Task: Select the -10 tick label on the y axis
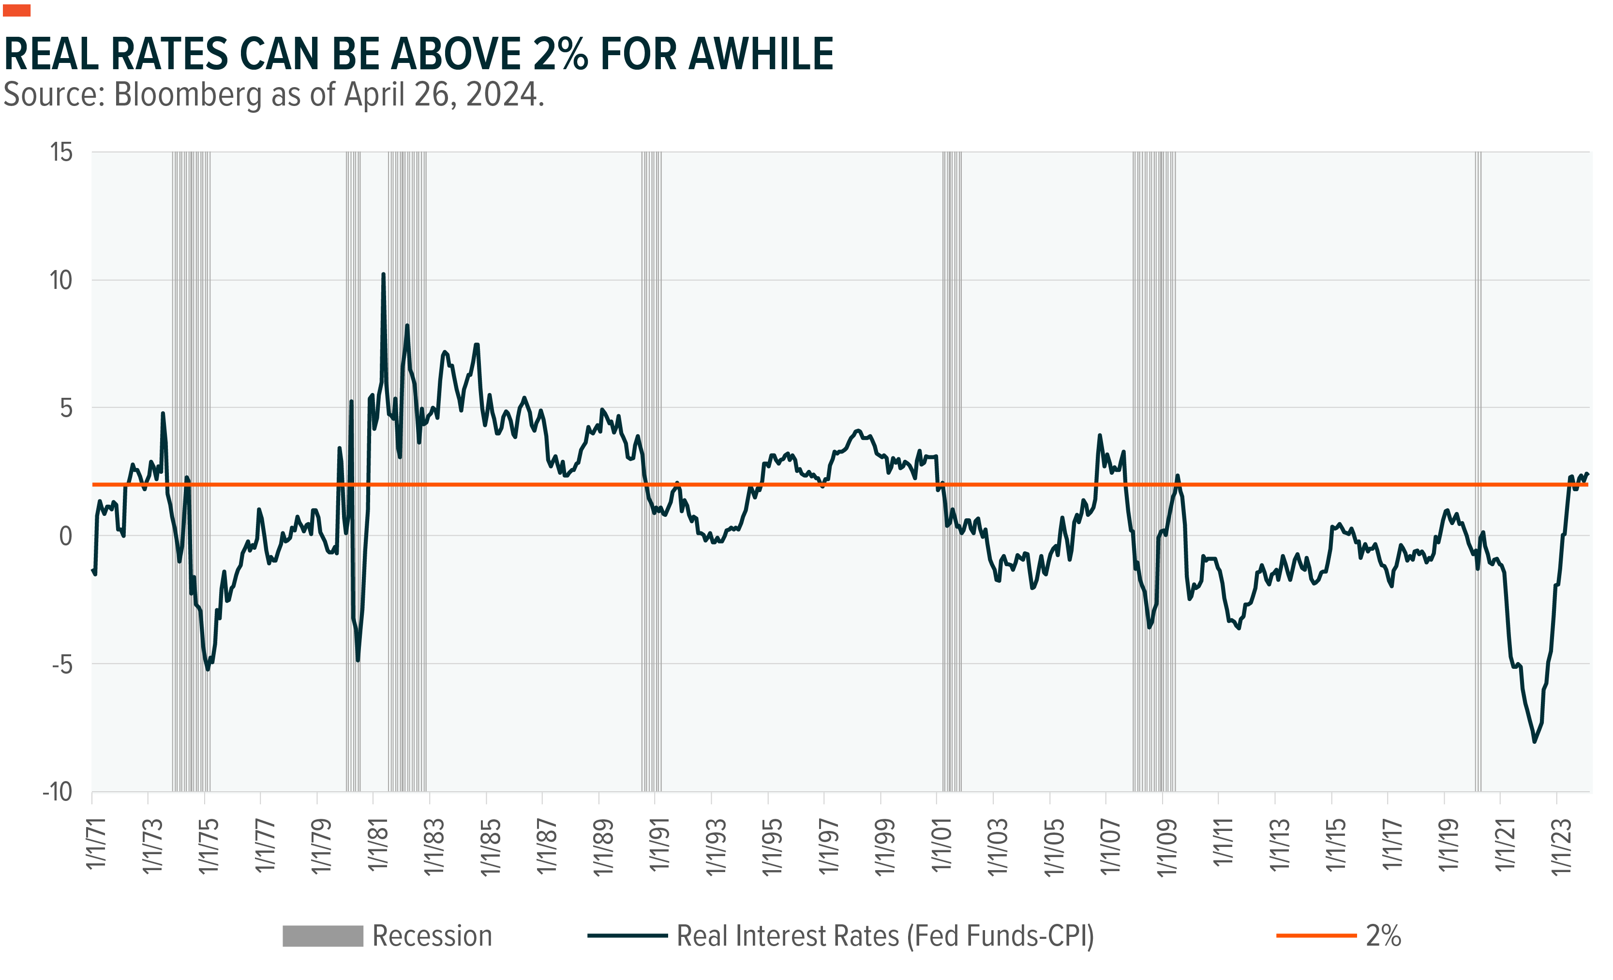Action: tap(58, 792)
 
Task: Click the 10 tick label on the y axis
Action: tap(61, 280)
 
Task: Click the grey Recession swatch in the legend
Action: tap(322, 935)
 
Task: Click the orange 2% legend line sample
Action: tap(1316, 935)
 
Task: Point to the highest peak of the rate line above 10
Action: tap(383, 275)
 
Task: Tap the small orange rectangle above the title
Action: tap(16, 10)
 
